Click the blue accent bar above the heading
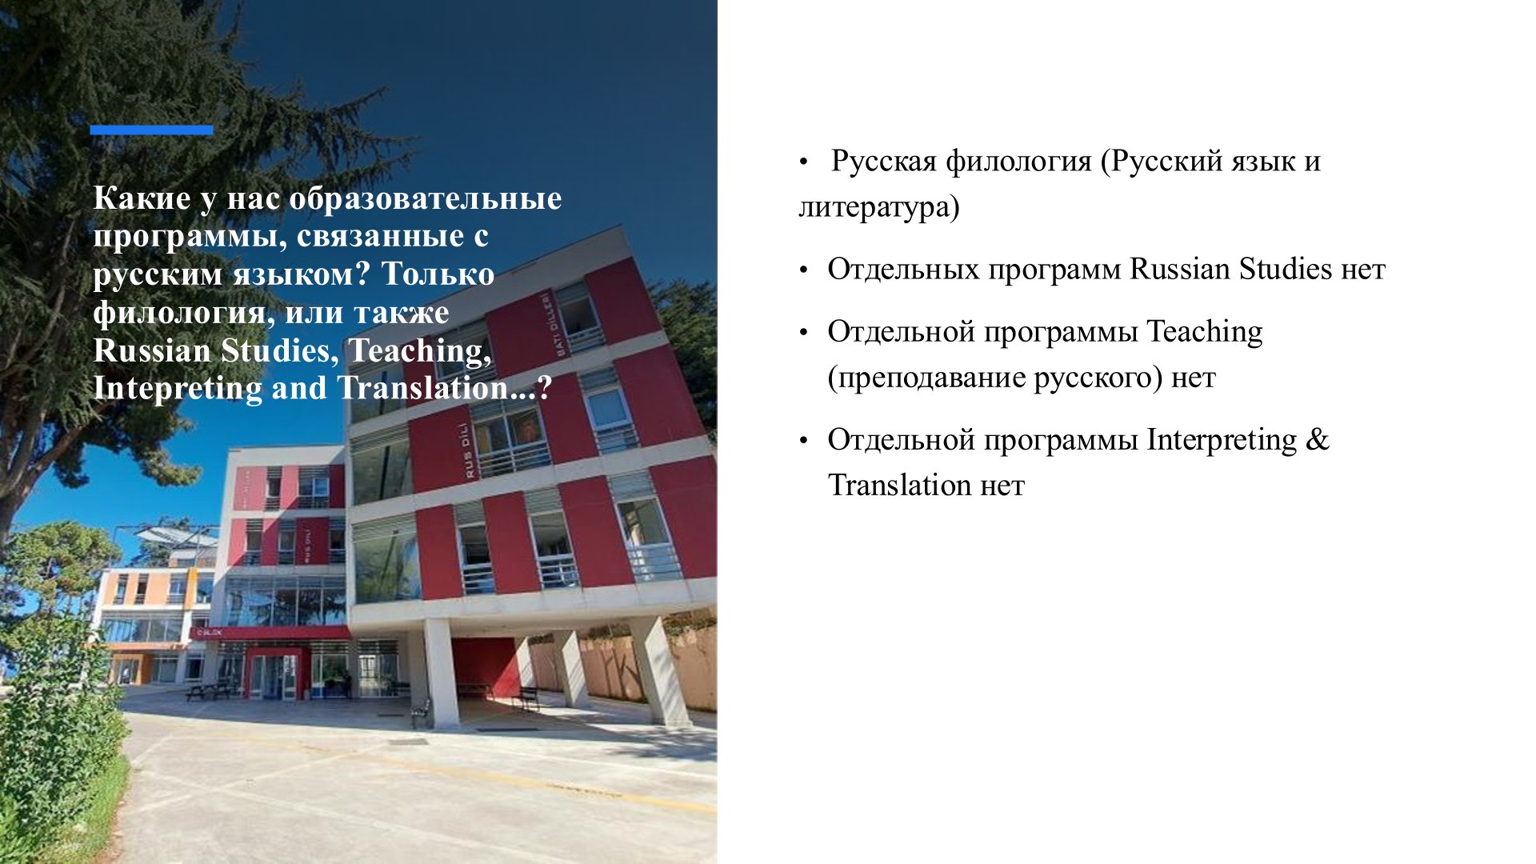tap(151, 130)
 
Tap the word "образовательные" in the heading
tap(425, 198)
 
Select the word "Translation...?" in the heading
tap(444, 388)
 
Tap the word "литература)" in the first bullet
tap(879, 207)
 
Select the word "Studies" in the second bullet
tap(1286, 269)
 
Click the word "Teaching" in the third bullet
tap(1205, 332)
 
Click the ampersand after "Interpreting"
tap(1317, 440)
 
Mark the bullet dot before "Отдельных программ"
tap(804, 270)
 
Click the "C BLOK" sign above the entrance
tap(210, 632)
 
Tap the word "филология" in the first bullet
tap(1018, 162)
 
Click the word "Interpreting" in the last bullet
tap(1222, 441)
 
